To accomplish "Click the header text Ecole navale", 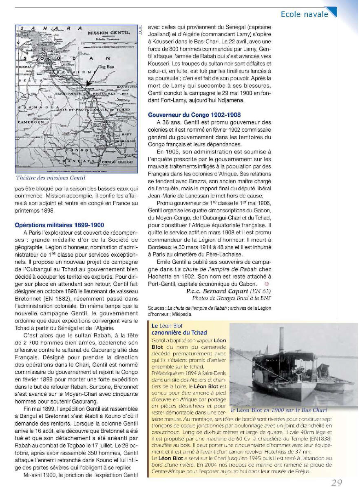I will point(304,14).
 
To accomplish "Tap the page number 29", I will point(336,483).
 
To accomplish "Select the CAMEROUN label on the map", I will point(31,122).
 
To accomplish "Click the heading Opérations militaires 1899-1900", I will point(60,225).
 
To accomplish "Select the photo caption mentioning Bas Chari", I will point(279,410).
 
